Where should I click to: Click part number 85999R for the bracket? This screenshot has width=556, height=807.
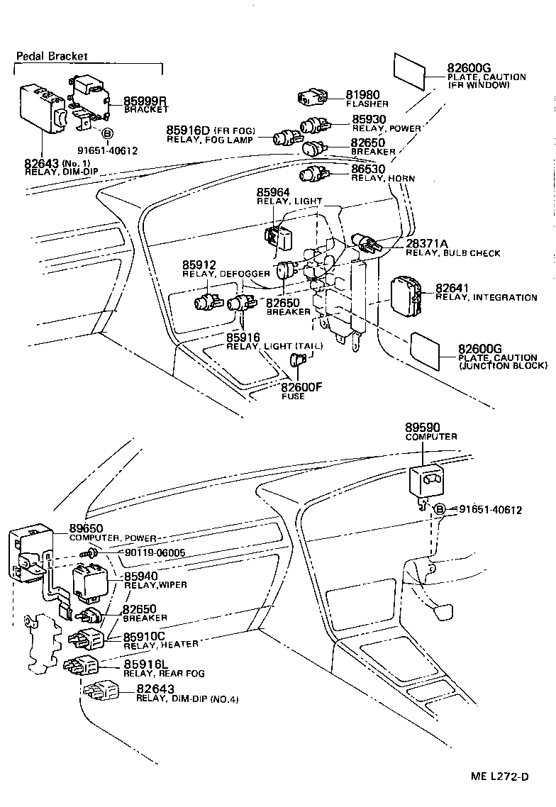(x=145, y=100)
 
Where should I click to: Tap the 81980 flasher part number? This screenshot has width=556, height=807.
(x=363, y=94)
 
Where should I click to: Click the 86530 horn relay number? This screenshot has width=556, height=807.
(x=369, y=169)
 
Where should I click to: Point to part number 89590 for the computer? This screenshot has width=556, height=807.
(x=423, y=428)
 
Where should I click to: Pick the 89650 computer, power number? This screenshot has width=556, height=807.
(x=87, y=528)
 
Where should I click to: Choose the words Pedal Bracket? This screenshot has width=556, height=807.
(x=52, y=56)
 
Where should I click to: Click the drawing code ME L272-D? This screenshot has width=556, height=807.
(x=500, y=776)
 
